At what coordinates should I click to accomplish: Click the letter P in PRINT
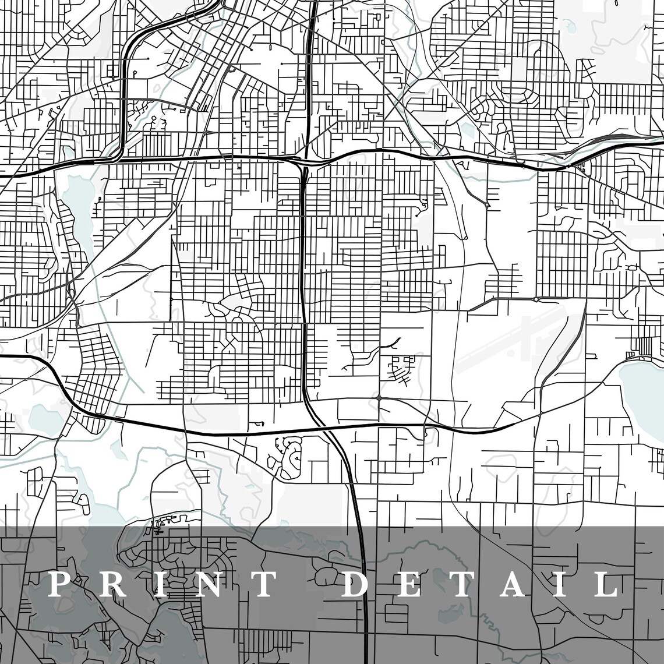tap(58, 584)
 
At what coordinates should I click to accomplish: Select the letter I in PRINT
tap(156, 584)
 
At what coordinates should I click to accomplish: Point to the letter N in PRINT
tap(205, 584)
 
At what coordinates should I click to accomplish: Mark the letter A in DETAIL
tap(511, 584)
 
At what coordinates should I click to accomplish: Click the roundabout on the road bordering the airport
tap(536, 299)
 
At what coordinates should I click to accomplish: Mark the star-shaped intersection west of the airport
tap(379, 398)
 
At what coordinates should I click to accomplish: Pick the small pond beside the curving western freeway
tap(44, 415)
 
